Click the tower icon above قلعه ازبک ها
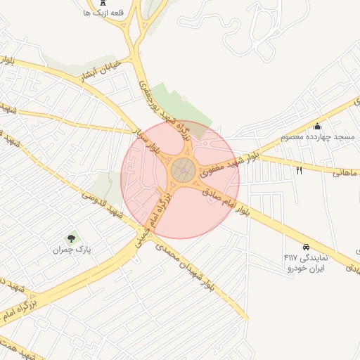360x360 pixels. pos(103,4)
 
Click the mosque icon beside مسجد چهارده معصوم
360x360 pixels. pos(318,127)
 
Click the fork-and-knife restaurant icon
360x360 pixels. pos(299,171)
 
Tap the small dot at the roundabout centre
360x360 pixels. pos(184,169)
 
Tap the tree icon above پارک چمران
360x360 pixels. pos(70,240)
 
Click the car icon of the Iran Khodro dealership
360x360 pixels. pos(306,247)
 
